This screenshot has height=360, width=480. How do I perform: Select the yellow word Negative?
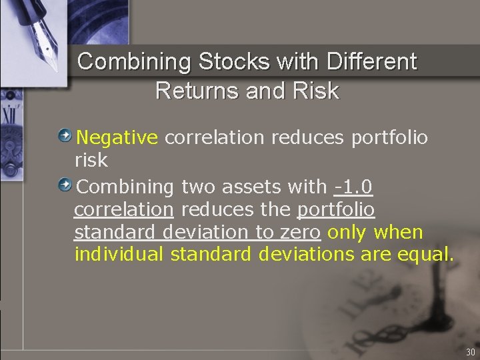117,138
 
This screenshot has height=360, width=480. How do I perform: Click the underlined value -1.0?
353,186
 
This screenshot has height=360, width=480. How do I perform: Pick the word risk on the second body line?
91,161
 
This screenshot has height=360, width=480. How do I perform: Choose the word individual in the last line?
119,255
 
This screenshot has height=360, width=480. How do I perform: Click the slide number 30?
471,352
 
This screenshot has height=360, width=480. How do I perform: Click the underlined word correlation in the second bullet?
124,210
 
